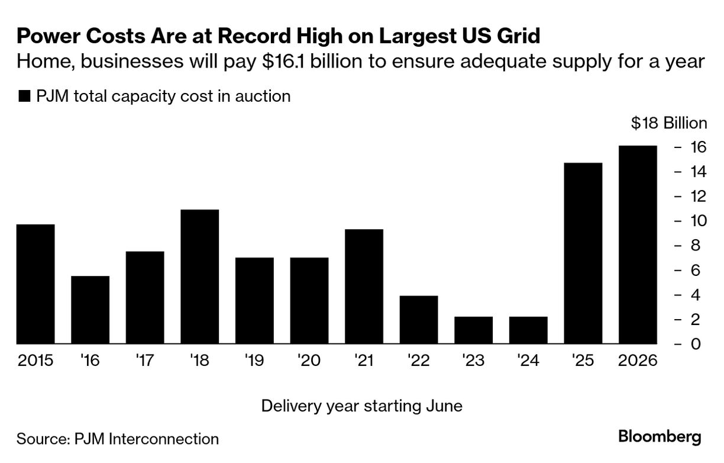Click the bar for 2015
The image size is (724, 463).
(35, 284)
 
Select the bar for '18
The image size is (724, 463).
(200, 276)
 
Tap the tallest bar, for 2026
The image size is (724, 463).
(638, 245)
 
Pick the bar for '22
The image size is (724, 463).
(419, 320)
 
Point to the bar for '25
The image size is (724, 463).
(583, 253)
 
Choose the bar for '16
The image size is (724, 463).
(90, 310)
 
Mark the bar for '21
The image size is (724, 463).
(364, 287)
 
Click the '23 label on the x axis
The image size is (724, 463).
(473, 361)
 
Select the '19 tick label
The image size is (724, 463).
(254, 361)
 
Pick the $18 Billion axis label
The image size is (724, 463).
(668, 123)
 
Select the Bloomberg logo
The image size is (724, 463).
(660, 438)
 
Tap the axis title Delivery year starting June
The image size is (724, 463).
(361, 406)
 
